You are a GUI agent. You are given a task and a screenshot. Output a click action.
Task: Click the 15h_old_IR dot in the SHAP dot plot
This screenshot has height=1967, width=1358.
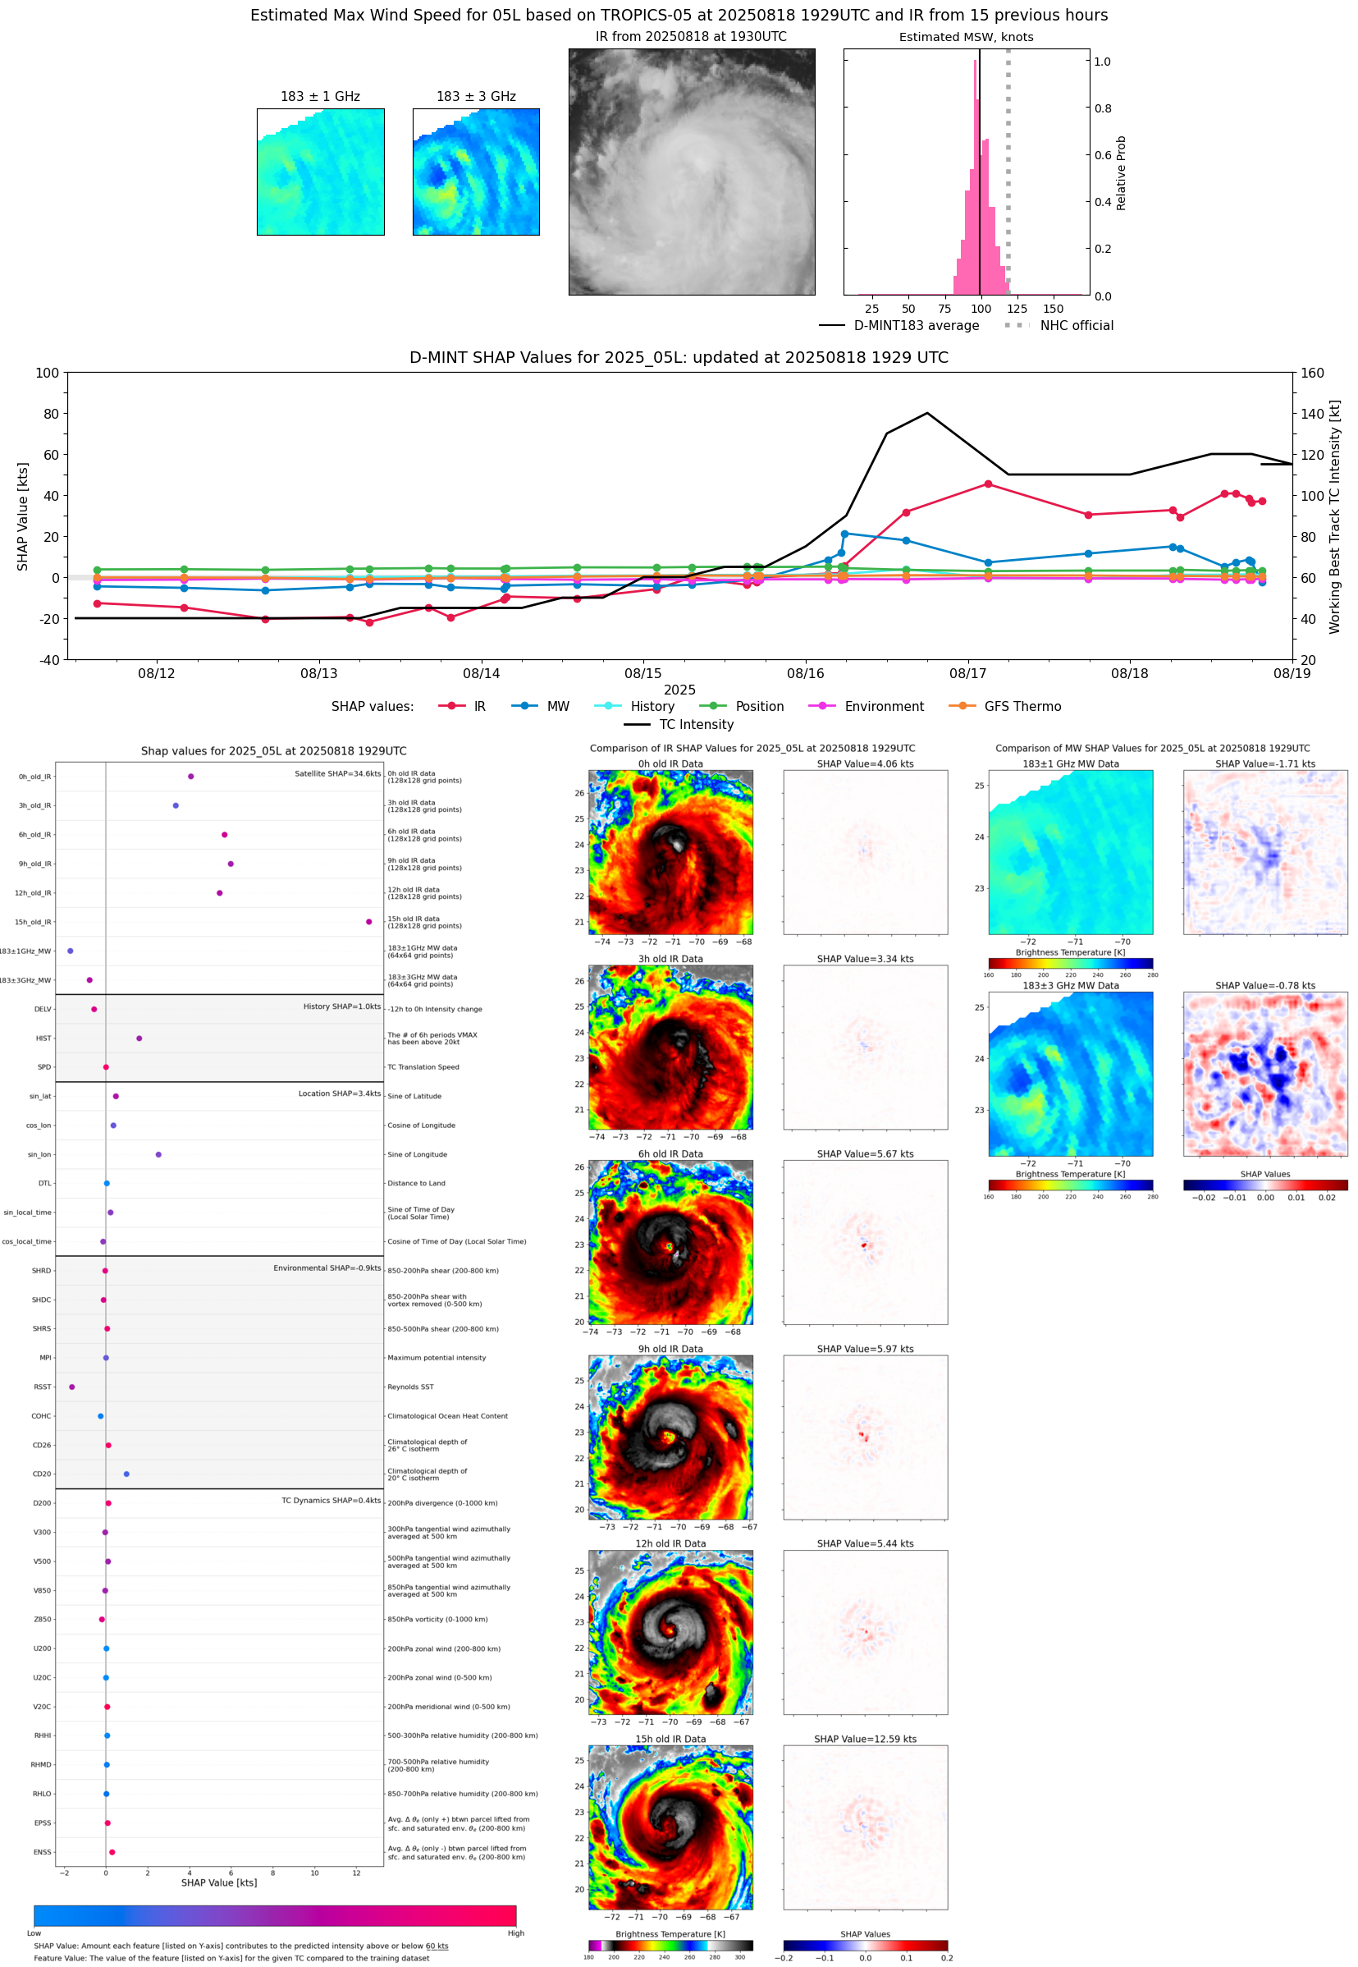(x=368, y=922)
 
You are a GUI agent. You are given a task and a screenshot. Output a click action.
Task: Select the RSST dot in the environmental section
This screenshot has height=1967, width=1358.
(x=72, y=1387)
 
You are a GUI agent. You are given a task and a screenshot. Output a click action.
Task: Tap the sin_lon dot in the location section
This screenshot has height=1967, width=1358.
(x=158, y=1154)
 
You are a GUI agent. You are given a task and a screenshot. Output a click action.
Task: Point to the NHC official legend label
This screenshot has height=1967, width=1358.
(x=1076, y=325)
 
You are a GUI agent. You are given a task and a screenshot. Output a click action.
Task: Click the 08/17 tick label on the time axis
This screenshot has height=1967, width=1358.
(x=967, y=673)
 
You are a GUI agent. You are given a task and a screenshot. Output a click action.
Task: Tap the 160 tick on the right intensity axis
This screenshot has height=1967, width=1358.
(x=1312, y=373)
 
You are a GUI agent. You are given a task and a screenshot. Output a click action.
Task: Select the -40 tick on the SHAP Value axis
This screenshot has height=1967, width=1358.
(x=48, y=660)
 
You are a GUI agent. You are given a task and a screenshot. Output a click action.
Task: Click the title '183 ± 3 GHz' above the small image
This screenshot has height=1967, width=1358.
(x=476, y=96)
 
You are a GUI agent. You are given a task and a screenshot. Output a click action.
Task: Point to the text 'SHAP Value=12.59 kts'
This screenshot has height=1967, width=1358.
(x=865, y=1739)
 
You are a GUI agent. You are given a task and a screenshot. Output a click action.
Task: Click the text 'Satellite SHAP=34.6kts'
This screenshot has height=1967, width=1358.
(x=337, y=773)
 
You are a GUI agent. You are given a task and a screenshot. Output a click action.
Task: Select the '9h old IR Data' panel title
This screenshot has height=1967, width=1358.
(x=670, y=1349)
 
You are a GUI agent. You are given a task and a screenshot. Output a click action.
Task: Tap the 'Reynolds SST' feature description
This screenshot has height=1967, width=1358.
(x=410, y=1387)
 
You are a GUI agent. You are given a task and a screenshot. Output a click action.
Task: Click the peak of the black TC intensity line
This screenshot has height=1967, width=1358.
(x=926, y=414)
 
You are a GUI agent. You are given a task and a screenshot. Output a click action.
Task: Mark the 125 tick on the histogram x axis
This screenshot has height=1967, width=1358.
(x=1017, y=309)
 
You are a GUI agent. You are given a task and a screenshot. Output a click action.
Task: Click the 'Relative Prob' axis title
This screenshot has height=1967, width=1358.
(x=1121, y=172)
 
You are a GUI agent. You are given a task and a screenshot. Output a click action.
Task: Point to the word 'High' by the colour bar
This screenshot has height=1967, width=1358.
(x=515, y=1933)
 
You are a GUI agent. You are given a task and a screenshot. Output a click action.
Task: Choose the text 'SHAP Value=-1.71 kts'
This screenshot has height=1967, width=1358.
(x=1264, y=763)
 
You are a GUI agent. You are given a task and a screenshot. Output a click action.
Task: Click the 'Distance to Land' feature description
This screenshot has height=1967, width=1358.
(x=416, y=1183)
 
